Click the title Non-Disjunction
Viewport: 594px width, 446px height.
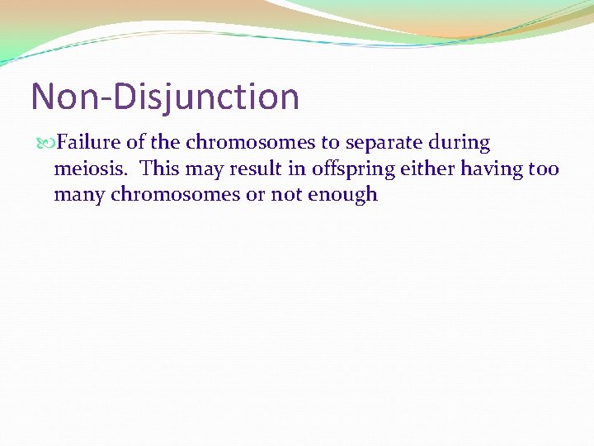pos(165,97)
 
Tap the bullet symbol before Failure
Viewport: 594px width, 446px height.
pos(44,143)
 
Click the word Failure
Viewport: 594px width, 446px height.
pos(87,143)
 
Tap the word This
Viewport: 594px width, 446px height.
pos(158,169)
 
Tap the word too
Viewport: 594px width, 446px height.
pos(543,169)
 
